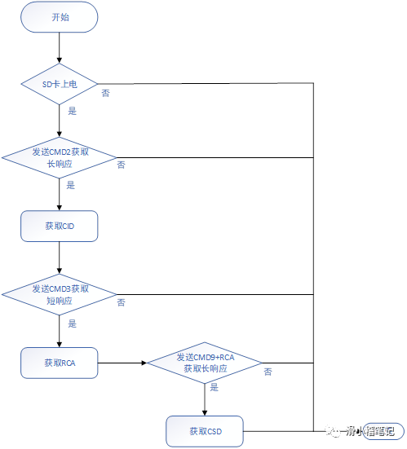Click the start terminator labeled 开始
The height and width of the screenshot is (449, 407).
click(x=60, y=17)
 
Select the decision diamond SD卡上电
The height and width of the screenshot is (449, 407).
click(x=60, y=83)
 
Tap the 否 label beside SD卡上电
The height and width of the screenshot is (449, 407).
click(x=106, y=93)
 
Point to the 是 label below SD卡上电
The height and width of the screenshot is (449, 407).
click(x=72, y=111)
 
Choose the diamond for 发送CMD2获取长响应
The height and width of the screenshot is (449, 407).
click(x=60, y=157)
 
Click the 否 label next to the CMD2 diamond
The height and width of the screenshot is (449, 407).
click(x=121, y=165)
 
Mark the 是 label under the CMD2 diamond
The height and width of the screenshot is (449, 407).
click(x=71, y=185)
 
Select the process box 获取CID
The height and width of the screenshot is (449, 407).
click(x=60, y=227)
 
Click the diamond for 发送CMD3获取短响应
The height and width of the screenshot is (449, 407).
click(x=60, y=294)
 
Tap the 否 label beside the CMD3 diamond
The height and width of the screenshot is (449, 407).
click(x=121, y=302)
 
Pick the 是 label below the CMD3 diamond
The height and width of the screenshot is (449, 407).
click(x=72, y=324)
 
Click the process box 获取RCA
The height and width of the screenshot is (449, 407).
click(x=60, y=363)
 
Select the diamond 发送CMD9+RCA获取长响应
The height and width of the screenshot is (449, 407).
click(x=204, y=363)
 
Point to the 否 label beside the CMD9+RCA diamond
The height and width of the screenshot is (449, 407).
click(x=268, y=372)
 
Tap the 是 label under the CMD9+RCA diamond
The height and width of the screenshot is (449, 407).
click(x=215, y=388)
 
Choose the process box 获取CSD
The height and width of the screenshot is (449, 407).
click(x=205, y=430)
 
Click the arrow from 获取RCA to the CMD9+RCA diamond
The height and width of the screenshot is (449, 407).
click(x=122, y=363)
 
